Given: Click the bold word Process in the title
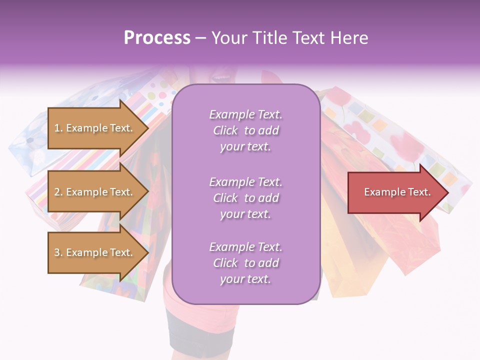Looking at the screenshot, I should point(157,38).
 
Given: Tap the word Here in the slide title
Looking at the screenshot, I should point(348,38).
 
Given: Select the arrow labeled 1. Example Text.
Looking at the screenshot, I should point(95,128).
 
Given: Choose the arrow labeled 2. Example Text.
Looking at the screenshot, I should point(95,192).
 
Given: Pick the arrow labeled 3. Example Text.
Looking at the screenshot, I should point(95,252).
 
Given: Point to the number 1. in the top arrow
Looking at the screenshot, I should point(58,128).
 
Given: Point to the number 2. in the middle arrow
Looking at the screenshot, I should point(58,192).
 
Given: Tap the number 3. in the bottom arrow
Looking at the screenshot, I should point(58,253).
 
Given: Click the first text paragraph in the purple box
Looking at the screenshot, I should point(245,130).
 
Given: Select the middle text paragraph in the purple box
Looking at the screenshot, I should point(245,197).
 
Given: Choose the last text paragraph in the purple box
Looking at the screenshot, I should point(245,263).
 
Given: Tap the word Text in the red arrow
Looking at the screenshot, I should point(419,192).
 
